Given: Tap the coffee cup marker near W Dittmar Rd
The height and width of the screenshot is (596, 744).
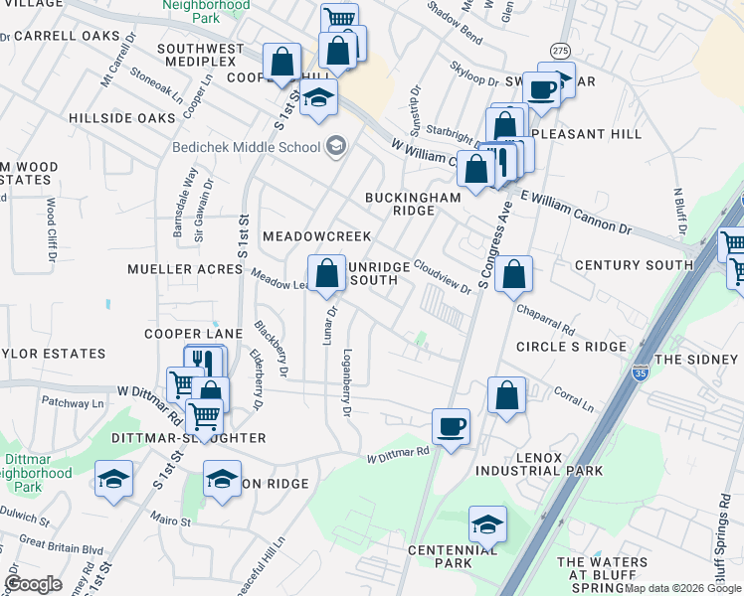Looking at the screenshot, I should point(451,427).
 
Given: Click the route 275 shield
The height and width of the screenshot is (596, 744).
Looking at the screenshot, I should point(560,50).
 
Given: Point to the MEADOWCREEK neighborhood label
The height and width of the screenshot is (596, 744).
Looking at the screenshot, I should point(316,236).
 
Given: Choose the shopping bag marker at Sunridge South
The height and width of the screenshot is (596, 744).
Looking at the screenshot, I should point(326,274).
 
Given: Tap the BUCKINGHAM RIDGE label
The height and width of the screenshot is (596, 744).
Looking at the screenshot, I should point(413,204).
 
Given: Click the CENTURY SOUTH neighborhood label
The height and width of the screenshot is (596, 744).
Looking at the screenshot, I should point(634,265).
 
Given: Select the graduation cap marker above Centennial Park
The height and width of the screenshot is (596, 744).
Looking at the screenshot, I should point(487,524).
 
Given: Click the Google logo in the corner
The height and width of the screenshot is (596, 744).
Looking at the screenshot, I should point(33,583).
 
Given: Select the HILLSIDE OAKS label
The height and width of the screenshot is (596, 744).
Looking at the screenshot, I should point(122,118).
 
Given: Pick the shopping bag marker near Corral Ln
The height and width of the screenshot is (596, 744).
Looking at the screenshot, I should point(506,395).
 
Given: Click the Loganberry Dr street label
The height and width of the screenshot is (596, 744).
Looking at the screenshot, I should point(347,380).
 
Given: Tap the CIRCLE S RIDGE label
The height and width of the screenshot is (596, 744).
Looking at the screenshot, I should point(571,347).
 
